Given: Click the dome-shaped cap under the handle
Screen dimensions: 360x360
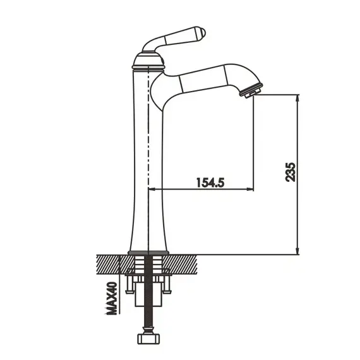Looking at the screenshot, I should [148, 60].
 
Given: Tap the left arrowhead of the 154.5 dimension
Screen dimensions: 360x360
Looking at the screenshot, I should [153, 189].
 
